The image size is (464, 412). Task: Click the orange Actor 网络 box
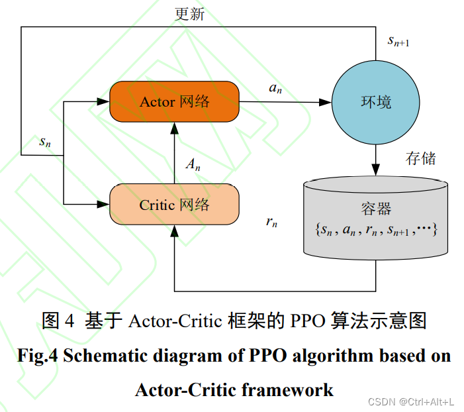[x=174, y=101]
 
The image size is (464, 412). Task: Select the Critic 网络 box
[x=174, y=205]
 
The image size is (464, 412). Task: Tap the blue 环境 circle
[x=375, y=102]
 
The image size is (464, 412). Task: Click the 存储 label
[x=420, y=158]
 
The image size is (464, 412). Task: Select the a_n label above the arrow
[x=275, y=88]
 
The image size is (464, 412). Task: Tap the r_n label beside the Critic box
[x=271, y=222]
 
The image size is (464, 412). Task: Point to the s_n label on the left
[x=45, y=141]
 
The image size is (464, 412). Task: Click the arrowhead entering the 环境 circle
[x=326, y=102]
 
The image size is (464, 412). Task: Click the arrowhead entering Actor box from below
[x=174, y=129]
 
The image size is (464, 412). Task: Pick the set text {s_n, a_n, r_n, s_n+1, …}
[x=375, y=230]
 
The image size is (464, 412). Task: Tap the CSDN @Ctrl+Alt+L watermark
[x=410, y=401]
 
